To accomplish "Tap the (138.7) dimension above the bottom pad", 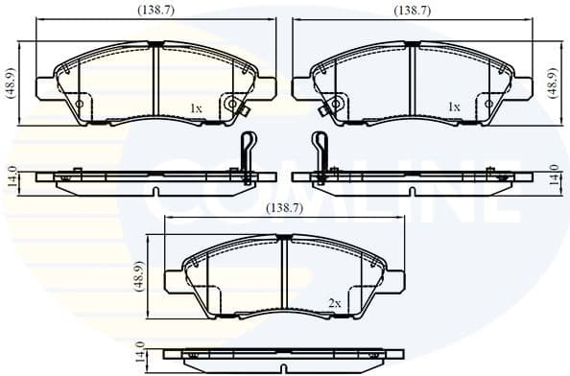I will [x=285, y=207].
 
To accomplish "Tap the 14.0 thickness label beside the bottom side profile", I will [x=140, y=353].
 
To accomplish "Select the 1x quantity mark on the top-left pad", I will [x=196, y=108].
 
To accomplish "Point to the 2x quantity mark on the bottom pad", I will [x=334, y=303].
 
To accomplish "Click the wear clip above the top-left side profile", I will [x=247, y=153].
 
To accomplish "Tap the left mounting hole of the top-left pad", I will [x=80, y=105].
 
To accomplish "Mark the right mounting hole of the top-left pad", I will [x=231, y=105].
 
